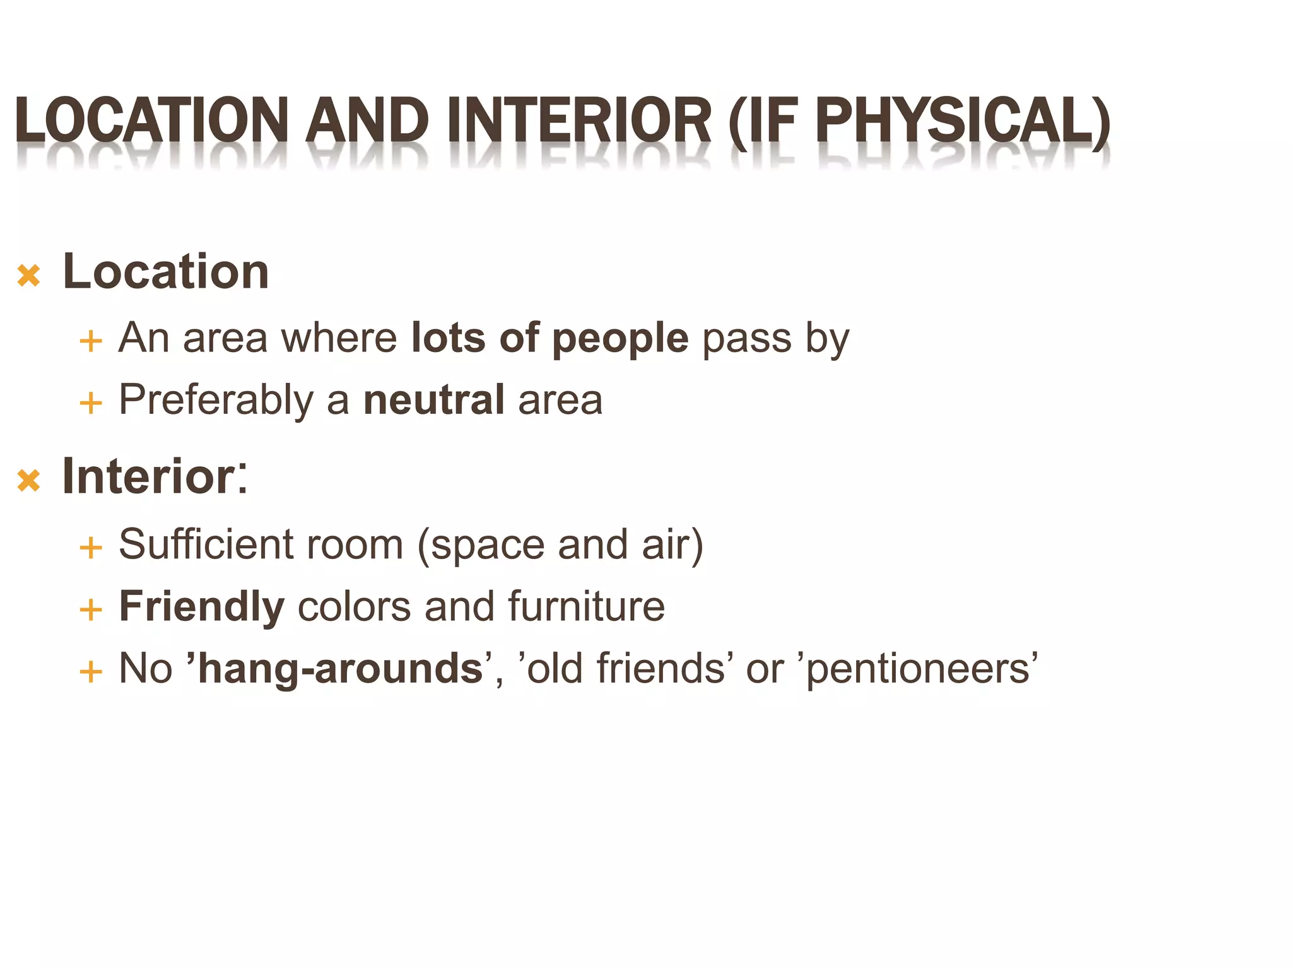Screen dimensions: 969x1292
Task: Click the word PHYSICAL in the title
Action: click(x=961, y=120)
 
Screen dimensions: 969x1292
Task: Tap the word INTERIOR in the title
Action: click(x=579, y=120)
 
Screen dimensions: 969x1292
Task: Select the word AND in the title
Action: click(x=367, y=120)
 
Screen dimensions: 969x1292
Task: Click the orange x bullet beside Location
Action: click(x=29, y=276)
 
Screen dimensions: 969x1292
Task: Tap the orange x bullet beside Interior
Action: click(x=29, y=481)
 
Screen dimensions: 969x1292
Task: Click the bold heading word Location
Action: click(x=166, y=271)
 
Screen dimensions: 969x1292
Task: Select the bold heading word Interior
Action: click(x=148, y=476)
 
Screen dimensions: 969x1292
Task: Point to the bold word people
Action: click(x=620, y=339)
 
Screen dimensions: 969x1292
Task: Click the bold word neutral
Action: click(x=434, y=399)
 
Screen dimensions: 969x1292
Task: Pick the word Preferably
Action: click(x=216, y=401)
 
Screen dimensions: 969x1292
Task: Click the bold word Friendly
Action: click(x=202, y=607)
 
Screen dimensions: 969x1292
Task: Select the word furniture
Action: click(x=586, y=606)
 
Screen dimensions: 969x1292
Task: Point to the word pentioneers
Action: click(x=918, y=669)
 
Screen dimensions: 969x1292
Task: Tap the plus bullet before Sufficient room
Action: click(x=91, y=548)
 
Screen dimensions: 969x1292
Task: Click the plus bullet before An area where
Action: click(x=91, y=341)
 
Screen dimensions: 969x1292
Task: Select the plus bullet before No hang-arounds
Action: click(x=91, y=671)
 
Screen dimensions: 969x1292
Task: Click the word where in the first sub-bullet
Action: click(x=339, y=338)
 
